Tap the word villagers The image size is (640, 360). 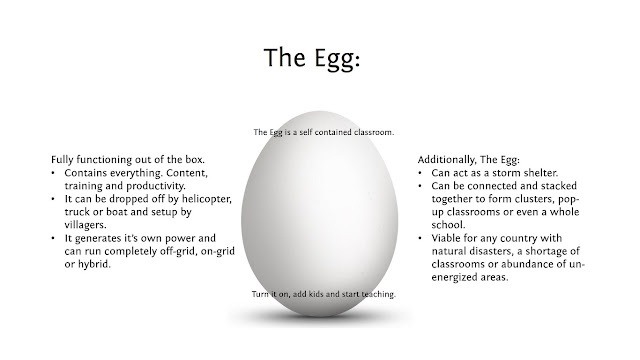tap(85, 225)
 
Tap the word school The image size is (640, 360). tap(448, 225)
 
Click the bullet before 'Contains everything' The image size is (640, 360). tap(53, 173)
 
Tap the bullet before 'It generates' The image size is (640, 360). tap(53, 238)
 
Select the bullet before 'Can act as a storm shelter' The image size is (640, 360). tap(420, 173)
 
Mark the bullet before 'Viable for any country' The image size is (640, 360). tap(420, 238)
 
